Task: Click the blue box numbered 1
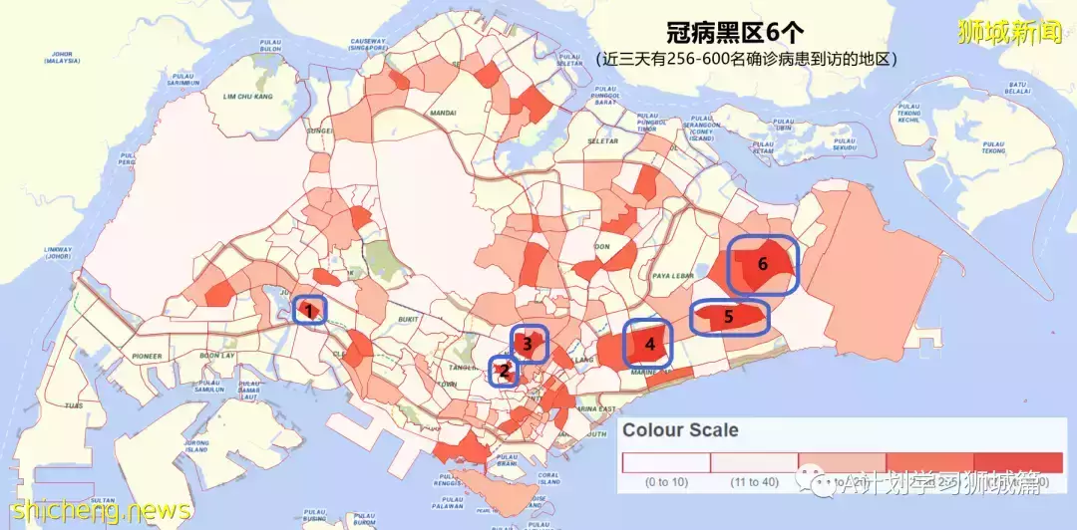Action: coord(310,311)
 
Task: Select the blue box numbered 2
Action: coord(505,372)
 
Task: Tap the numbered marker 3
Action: coord(529,344)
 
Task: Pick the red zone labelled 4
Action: coord(649,344)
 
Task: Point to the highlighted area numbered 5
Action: coord(729,318)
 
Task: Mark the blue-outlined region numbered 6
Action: coord(763,265)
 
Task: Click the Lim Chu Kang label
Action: coord(247,97)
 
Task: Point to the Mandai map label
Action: coord(444,114)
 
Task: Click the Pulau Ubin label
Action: coord(766,124)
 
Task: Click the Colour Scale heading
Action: coord(681,430)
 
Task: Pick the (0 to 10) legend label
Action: coord(665,482)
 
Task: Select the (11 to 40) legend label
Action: coord(755,482)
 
